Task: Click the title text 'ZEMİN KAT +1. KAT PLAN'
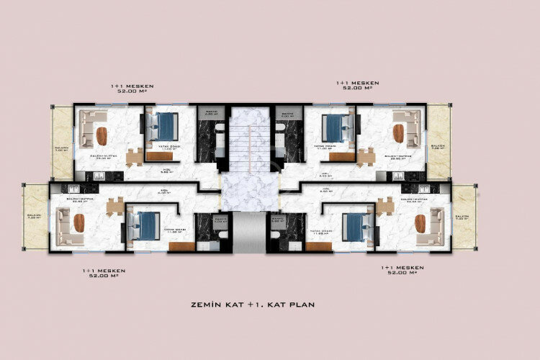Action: click(270, 305)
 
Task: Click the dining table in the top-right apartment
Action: click(366, 156)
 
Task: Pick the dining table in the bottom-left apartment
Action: click(114, 207)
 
